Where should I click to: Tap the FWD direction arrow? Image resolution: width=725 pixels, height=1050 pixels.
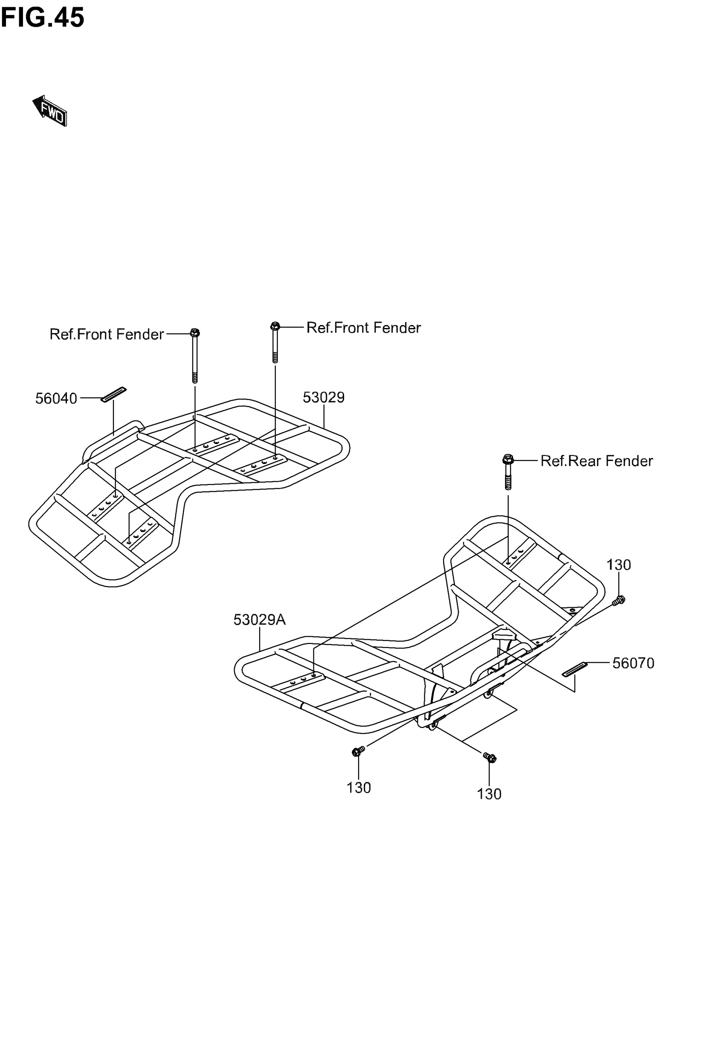[50, 110]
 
